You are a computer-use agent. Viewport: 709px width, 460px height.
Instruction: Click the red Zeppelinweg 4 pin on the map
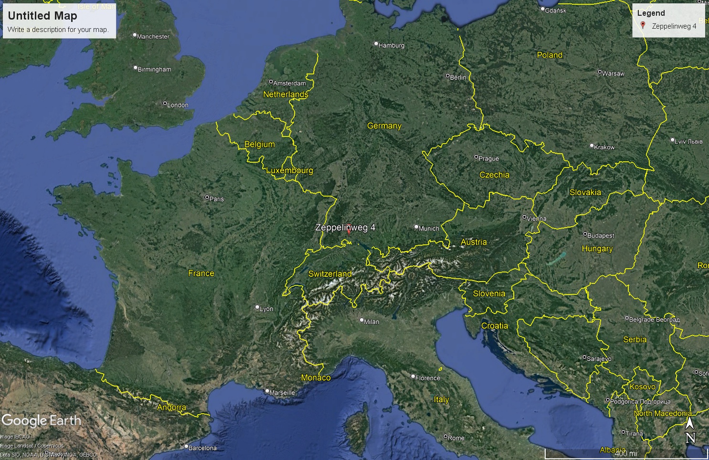349,230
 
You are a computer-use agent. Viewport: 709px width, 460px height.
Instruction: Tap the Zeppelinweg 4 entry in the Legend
674,26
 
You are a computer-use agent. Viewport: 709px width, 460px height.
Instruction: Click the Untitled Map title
42,16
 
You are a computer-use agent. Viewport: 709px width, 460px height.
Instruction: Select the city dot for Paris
207,197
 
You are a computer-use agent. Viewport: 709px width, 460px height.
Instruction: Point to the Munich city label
429,229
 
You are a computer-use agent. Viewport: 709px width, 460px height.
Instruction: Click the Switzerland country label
330,274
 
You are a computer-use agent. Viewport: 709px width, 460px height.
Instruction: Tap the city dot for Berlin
448,75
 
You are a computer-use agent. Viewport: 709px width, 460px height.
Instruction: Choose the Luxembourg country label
289,170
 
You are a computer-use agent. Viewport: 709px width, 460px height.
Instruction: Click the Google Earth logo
42,420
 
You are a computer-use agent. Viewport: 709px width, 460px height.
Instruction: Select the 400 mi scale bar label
626,453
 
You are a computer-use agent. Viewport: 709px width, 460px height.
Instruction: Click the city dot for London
165,104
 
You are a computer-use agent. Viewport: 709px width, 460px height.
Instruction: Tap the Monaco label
316,377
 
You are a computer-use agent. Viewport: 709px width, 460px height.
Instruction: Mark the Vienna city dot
524,217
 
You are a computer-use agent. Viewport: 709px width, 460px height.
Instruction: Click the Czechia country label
494,175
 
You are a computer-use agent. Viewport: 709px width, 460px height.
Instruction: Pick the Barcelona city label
202,448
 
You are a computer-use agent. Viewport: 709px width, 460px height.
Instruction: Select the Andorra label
171,408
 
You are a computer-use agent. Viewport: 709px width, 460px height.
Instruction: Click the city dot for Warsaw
600,72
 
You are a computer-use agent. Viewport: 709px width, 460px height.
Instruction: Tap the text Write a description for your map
58,30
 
